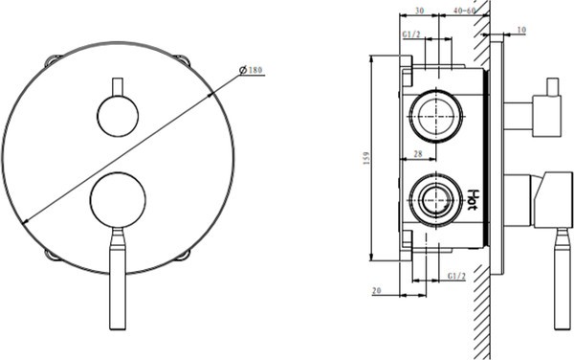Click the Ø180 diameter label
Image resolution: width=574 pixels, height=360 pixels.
click(x=251, y=70)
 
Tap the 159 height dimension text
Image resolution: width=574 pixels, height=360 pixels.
click(x=366, y=158)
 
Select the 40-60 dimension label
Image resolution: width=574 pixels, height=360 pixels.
click(x=464, y=11)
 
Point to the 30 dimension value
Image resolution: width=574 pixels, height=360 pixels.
click(x=420, y=11)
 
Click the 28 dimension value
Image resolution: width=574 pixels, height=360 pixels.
click(x=418, y=154)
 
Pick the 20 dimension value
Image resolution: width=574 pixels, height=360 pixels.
click(x=376, y=290)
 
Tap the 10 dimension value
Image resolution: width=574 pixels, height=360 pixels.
click(x=521, y=30)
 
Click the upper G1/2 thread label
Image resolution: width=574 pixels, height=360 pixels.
click(x=411, y=34)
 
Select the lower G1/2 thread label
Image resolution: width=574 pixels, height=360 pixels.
click(x=457, y=276)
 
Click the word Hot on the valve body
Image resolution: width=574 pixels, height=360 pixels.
click(x=472, y=199)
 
